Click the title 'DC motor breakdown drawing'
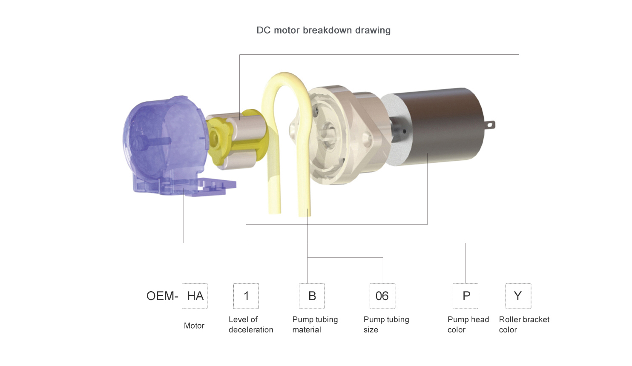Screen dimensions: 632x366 click(323, 30)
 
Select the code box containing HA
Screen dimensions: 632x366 click(195, 296)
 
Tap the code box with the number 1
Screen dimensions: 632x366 click(246, 296)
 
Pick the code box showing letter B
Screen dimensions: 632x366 click(312, 296)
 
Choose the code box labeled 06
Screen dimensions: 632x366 click(382, 296)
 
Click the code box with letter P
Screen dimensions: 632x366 click(465, 296)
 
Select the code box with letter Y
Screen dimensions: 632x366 click(518, 296)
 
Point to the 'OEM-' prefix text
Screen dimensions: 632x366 click(162, 296)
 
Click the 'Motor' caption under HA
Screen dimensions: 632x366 click(194, 326)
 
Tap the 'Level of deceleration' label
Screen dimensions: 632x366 click(251, 325)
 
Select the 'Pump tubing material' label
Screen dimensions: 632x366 click(315, 325)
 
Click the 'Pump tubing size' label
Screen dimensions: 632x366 click(386, 325)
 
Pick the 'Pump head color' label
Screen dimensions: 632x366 click(468, 325)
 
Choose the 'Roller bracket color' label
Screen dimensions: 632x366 click(524, 325)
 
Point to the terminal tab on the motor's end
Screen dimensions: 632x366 click(490, 125)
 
